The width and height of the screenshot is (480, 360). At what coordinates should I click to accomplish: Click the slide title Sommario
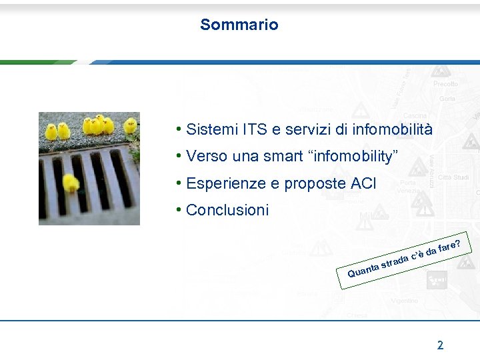(x=239, y=25)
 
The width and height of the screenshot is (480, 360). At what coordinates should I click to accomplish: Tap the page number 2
(x=440, y=345)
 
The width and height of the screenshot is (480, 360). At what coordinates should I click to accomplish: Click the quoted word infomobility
(x=355, y=157)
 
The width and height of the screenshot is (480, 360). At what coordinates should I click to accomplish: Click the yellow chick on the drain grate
(x=71, y=183)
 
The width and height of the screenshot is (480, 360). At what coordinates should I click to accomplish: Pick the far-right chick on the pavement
(x=130, y=125)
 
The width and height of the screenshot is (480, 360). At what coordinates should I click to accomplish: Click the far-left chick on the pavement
(x=51, y=131)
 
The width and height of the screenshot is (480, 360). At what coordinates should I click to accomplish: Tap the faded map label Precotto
(x=445, y=84)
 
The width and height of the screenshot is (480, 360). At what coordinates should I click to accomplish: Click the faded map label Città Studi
(x=453, y=177)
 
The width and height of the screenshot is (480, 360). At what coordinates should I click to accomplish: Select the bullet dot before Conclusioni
(x=179, y=210)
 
